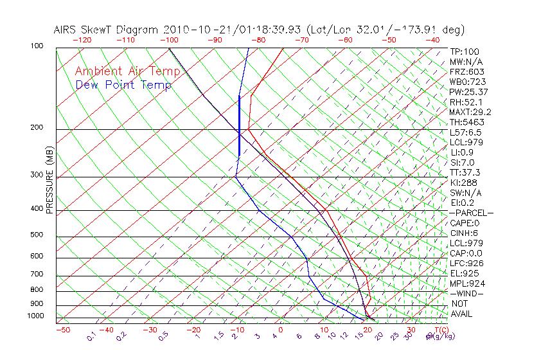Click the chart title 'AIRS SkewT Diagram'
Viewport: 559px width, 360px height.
pos(107,30)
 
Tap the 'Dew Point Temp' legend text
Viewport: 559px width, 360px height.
pos(123,85)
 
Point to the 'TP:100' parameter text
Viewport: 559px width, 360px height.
pos(464,51)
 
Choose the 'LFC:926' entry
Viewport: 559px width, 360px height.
pos(466,263)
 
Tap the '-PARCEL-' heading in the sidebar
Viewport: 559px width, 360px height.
pos(471,213)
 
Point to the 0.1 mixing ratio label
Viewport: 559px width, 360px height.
pos(92,336)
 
